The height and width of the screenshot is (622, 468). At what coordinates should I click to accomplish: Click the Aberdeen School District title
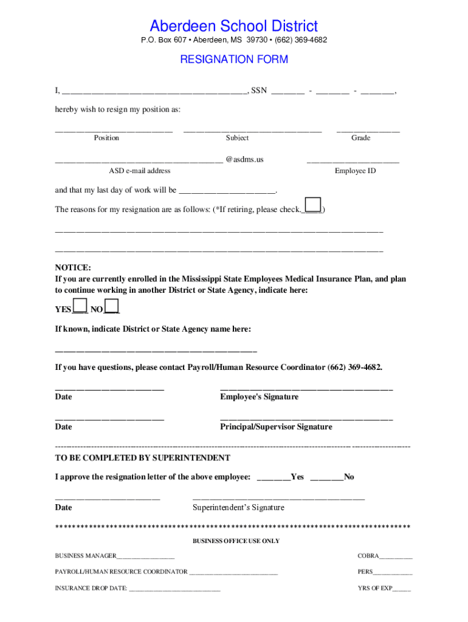(x=234, y=26)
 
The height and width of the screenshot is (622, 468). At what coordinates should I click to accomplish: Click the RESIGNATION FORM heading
(x=234, y=60)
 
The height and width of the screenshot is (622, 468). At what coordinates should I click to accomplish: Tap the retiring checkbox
(x=313, y=205)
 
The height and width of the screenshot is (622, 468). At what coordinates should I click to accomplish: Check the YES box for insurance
(x=80, y=306)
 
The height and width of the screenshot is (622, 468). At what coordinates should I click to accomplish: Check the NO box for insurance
(x=112, y=306)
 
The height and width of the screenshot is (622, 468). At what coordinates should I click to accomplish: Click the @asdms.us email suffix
(x=244, y=160)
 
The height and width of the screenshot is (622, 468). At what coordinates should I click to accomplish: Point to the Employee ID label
(x=355, y=171)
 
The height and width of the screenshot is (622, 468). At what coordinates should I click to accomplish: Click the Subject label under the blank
(x=237, y=138)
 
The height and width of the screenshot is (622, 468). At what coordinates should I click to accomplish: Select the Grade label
(x=360, y=138)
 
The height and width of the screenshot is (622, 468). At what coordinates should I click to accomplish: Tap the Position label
(x=106, y=138)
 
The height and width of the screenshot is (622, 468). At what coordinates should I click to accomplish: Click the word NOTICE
(x=73, y=268)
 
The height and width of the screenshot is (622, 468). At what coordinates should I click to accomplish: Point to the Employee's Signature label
(x=259, y=397)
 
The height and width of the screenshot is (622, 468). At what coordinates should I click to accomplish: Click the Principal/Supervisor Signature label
(x=276, y=427)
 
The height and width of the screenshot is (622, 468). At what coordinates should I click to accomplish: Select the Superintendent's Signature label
(x=238, y=508)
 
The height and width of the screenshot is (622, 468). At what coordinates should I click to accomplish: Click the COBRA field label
(x=368, y=556)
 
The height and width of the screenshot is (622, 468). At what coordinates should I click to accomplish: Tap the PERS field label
(x=365, y=572)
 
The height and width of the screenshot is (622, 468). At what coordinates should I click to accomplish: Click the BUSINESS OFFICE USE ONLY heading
(x=236, y=541)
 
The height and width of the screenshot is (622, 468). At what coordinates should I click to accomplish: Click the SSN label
(x=259, y=91)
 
